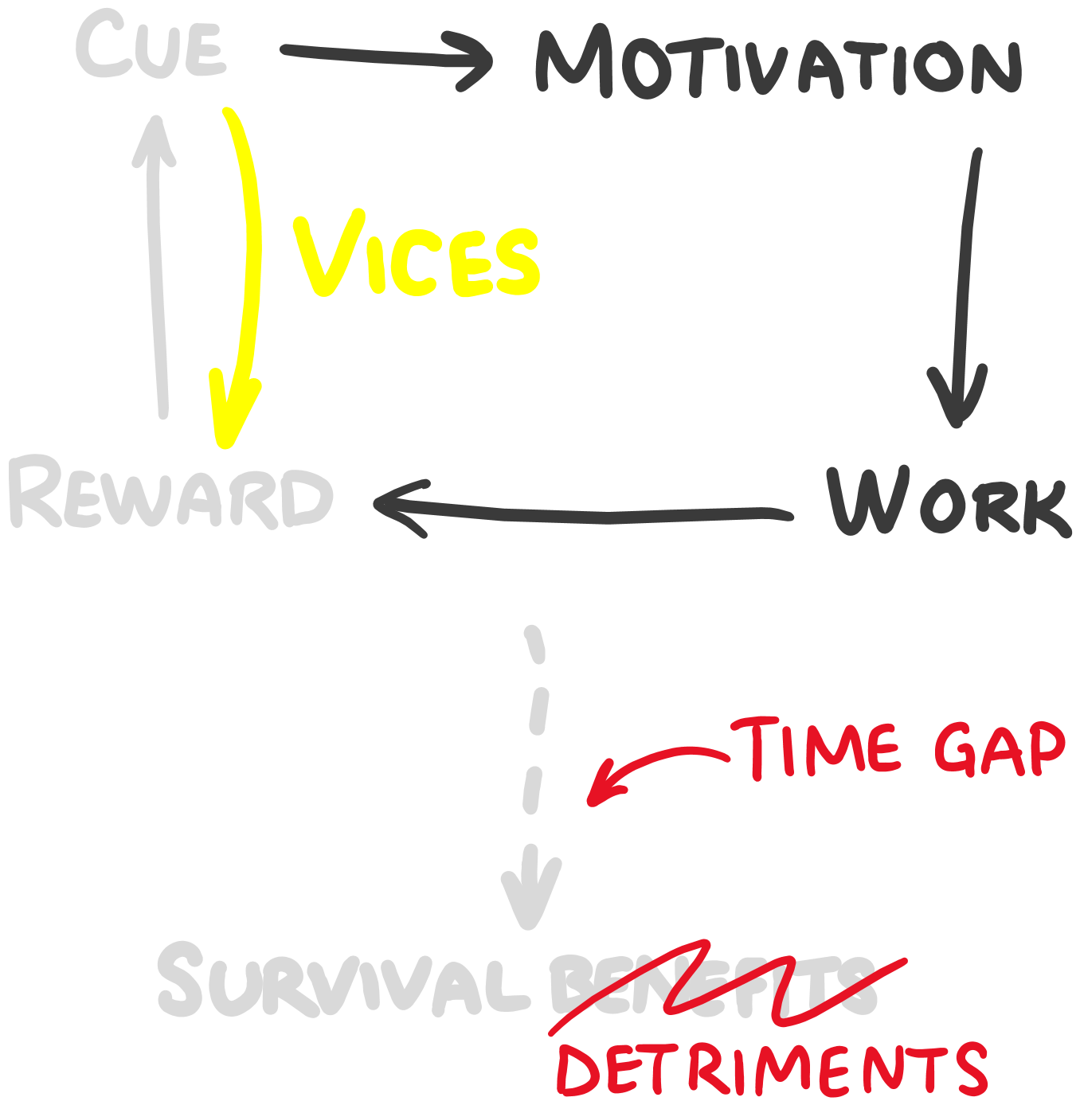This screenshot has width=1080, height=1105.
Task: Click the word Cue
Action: pyautogui.click(x=151, y=46)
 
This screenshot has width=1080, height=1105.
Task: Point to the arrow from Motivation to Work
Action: pyautogui.click(x=965, y=287)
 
